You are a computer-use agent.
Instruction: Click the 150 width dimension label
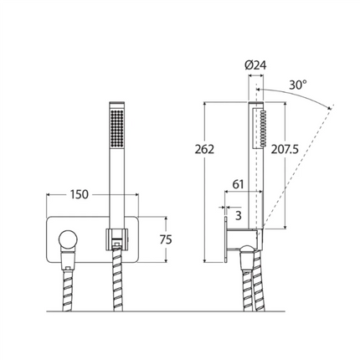[79, 194]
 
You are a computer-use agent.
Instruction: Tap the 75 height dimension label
[166, 239]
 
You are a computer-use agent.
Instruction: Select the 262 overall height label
[204, 150]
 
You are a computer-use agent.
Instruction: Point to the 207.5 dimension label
[285, 150]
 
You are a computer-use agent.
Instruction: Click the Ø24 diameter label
[255, 65]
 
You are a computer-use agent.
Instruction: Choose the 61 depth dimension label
[238, 184]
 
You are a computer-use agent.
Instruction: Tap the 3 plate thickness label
[238, 216]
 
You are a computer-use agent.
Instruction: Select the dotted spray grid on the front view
[117, 127]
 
